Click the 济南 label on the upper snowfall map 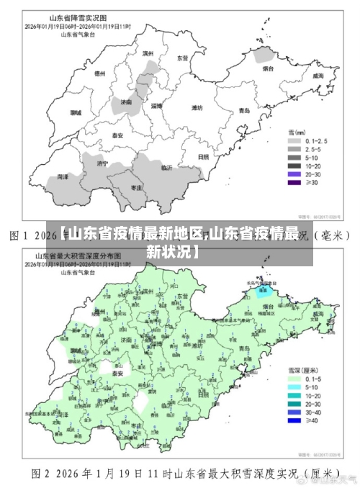[x=126, y=103]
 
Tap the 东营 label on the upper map [x=183, y=58]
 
